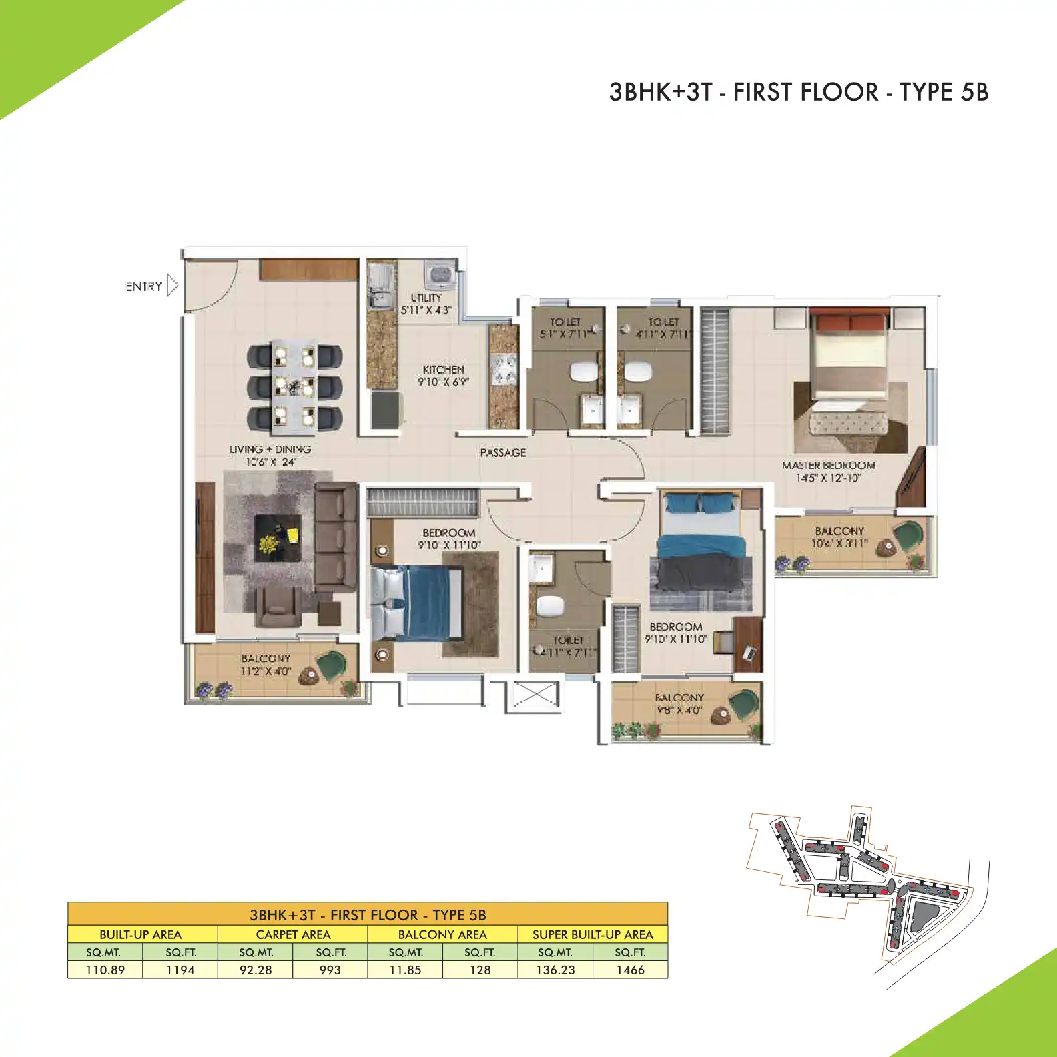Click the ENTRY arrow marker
tap(172, 286)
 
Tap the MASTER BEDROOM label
tap(829, 466)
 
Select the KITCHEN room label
tap(443, 370)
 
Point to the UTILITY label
tap(426, 298)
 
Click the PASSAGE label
tap(503, 453)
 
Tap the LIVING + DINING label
tap(270, 450)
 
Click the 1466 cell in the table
tap(630, 970)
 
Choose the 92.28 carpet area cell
tap(256, 970)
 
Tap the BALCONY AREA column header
tap(442, 934)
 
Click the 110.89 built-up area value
tap(105, 970)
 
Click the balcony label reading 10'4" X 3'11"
tap(839, 544)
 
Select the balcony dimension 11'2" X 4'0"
tap(266, 671)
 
